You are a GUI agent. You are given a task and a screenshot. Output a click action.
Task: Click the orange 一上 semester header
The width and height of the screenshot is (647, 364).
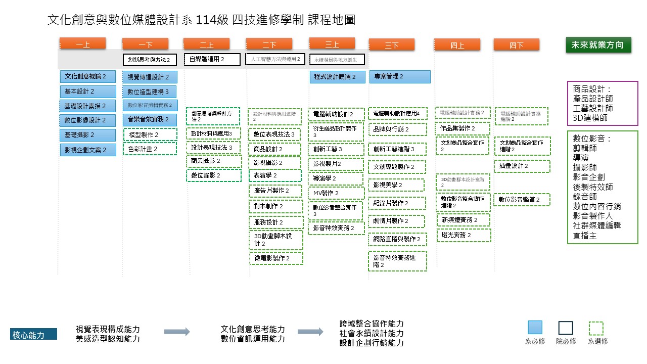point(82,44)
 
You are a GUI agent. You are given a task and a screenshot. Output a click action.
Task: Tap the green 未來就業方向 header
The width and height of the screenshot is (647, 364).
point(597,44)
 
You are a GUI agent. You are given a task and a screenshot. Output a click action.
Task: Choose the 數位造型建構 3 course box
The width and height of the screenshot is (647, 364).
point(150,92)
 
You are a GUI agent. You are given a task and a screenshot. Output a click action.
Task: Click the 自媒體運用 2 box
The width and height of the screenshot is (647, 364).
point(212,59)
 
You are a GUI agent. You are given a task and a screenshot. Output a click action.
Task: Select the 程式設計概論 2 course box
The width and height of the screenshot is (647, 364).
point(337,77)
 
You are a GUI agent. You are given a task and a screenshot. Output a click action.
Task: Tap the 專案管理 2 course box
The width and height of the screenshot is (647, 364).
point(399,77)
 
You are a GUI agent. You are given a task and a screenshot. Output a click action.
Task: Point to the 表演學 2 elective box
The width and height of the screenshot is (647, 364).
point(275,175)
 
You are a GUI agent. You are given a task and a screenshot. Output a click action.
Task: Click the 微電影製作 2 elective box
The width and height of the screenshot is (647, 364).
point(275,258)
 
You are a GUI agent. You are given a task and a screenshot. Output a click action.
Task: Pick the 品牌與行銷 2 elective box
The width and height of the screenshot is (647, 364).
point(397,129)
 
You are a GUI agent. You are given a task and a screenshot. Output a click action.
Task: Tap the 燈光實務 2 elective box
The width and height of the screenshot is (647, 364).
point(464,235)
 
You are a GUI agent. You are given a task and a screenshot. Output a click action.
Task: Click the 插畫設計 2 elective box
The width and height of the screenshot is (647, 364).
point(522,166)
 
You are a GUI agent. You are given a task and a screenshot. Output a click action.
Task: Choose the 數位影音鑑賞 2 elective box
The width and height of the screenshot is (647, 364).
point(522,200)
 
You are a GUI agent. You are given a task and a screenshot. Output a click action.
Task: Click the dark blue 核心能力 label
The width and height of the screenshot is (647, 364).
point(33,334)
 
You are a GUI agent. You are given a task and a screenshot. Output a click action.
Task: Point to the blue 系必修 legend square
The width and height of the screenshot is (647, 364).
point(535,328)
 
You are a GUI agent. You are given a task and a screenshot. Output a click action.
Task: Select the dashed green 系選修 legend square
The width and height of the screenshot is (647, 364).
point(597,328)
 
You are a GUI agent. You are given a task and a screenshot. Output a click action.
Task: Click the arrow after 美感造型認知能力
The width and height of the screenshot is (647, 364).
point(177,332)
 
